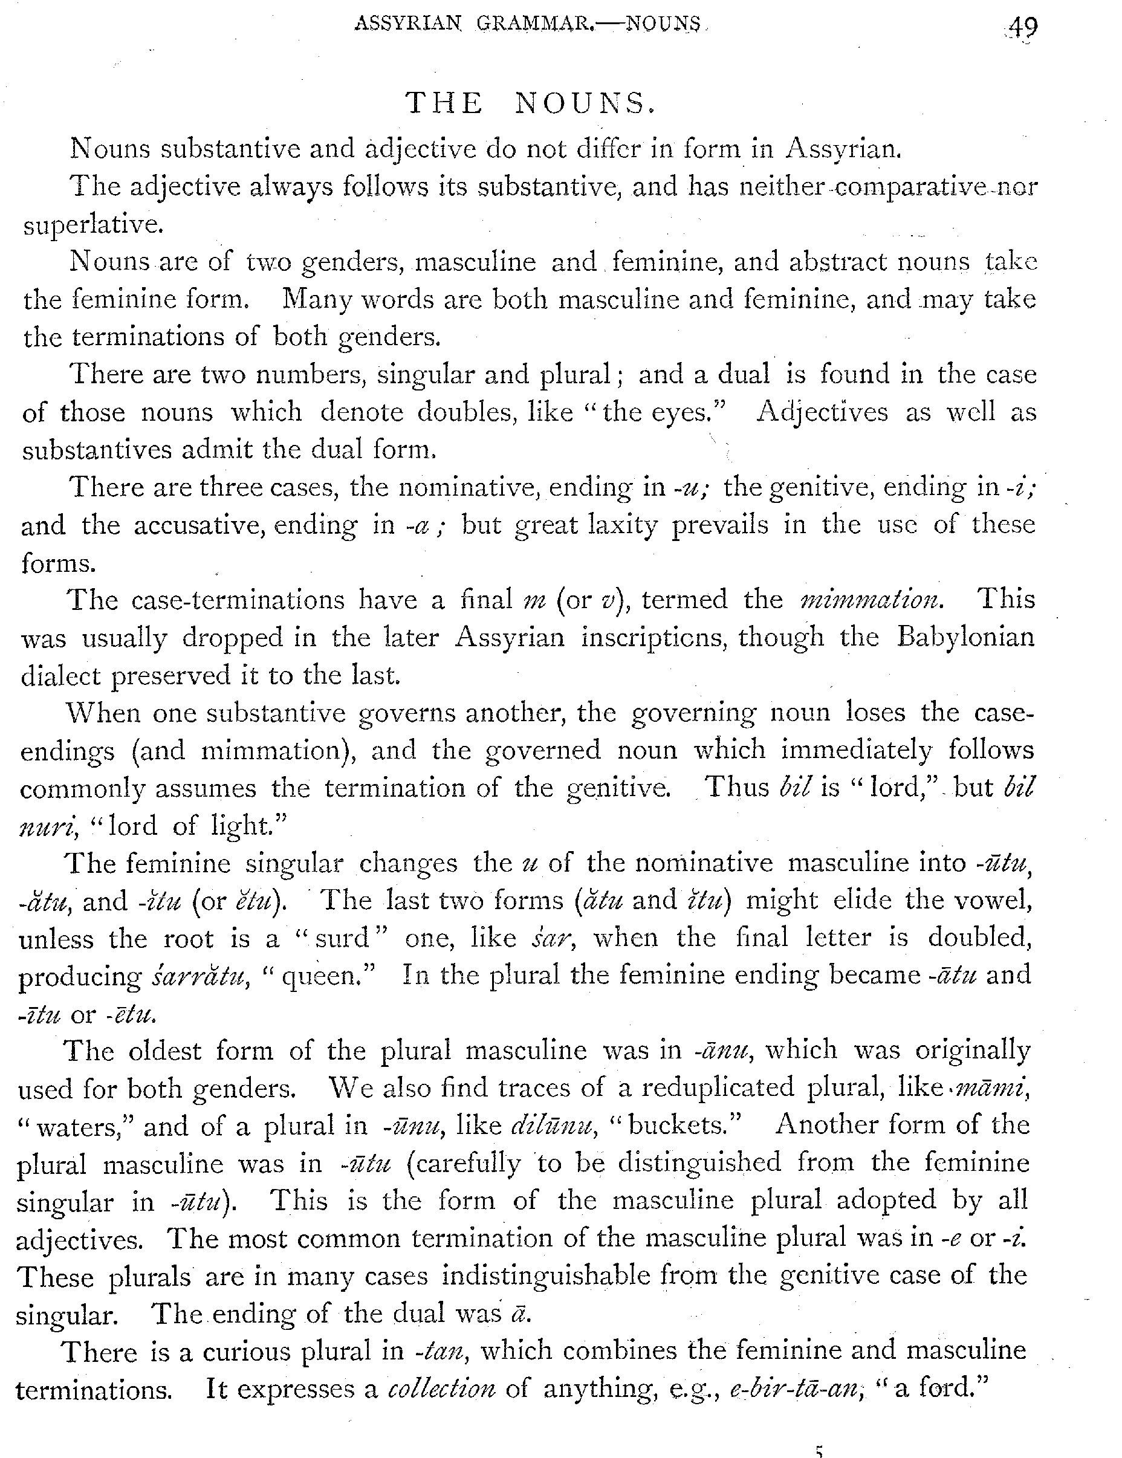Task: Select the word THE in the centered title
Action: pos(444,103)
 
